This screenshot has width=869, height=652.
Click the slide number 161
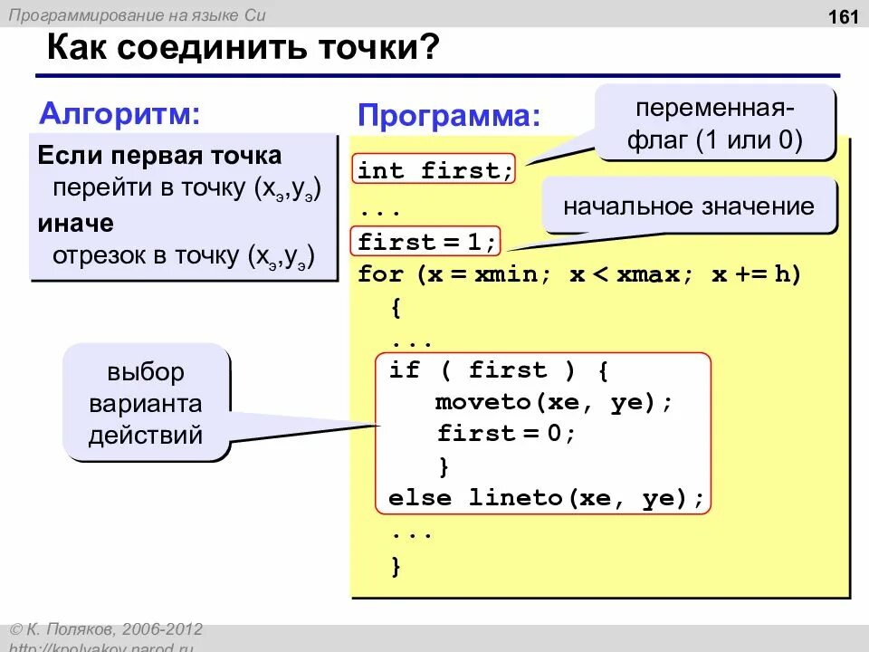[x=833, y=17]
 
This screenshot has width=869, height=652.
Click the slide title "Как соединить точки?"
[x=243, y=48]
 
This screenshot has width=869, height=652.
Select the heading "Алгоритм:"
[x=120, y=114]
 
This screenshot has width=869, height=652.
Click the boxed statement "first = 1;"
[x=426, y=242]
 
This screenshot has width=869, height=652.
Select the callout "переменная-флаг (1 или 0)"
[x=715, y=124]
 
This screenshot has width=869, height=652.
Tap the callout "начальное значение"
[x=689, y=206]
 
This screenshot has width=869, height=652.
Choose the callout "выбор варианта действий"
[x=145, y=403]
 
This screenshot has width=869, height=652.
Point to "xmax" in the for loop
[x=647, y=274]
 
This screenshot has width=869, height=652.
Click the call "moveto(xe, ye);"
[x=554, y=401]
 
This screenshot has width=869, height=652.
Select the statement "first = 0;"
[x=506, y=433]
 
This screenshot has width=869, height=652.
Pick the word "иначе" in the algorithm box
[x=75, y=223]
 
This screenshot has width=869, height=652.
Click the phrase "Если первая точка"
[x=159, y=155]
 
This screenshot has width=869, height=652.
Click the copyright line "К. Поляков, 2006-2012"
[x=112, y=629]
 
